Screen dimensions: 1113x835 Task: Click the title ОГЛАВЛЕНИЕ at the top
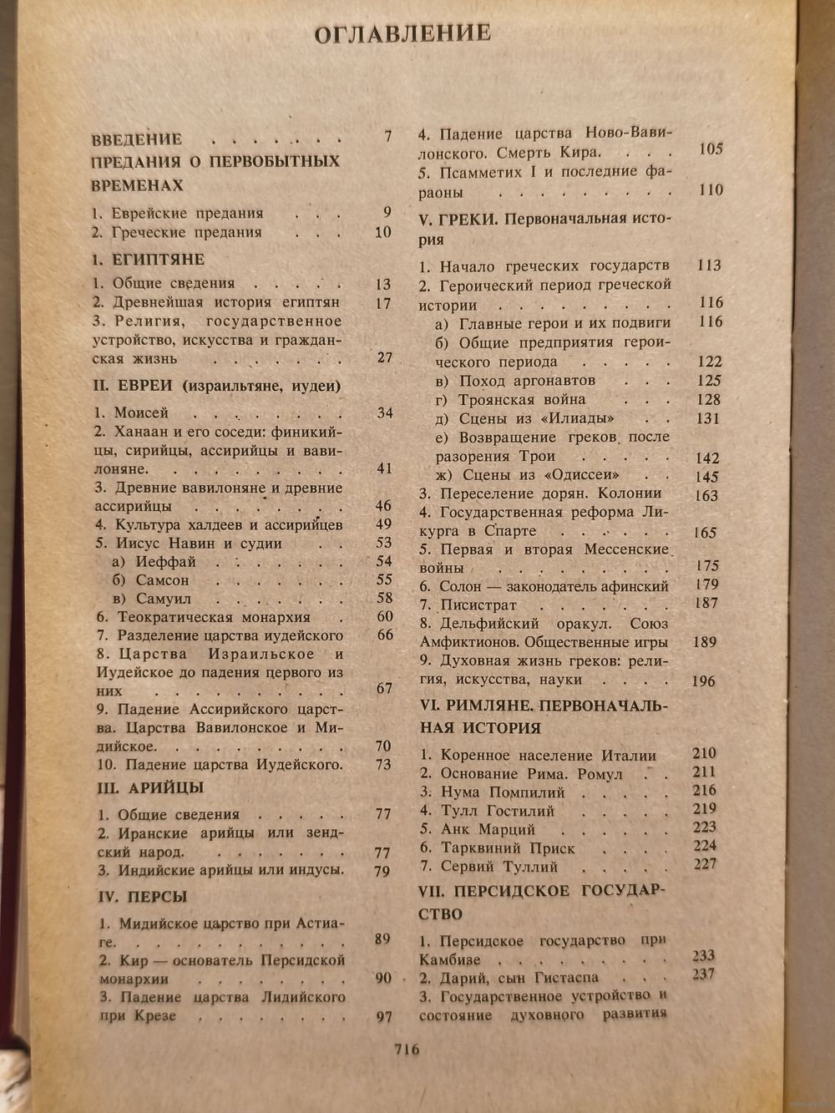[x=402, y=33]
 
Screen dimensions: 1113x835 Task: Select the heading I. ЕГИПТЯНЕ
[x=148, y=260]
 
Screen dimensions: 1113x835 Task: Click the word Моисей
[x=141, y=412]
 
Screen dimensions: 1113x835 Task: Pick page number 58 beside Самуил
[x=384, y=598]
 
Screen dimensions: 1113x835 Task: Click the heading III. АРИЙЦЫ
[x=150, y=788]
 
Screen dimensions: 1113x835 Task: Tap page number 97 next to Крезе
[x=383, y=1016]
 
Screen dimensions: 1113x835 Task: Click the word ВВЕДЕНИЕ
[x=136, y=139]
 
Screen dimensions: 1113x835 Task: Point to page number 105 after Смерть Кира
[x=711, y=150]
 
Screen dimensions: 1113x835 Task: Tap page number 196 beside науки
[x=704, y=681]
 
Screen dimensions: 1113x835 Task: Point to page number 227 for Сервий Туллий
[x=705, y=864]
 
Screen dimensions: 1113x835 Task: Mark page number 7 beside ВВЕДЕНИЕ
[x=387, y=136]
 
